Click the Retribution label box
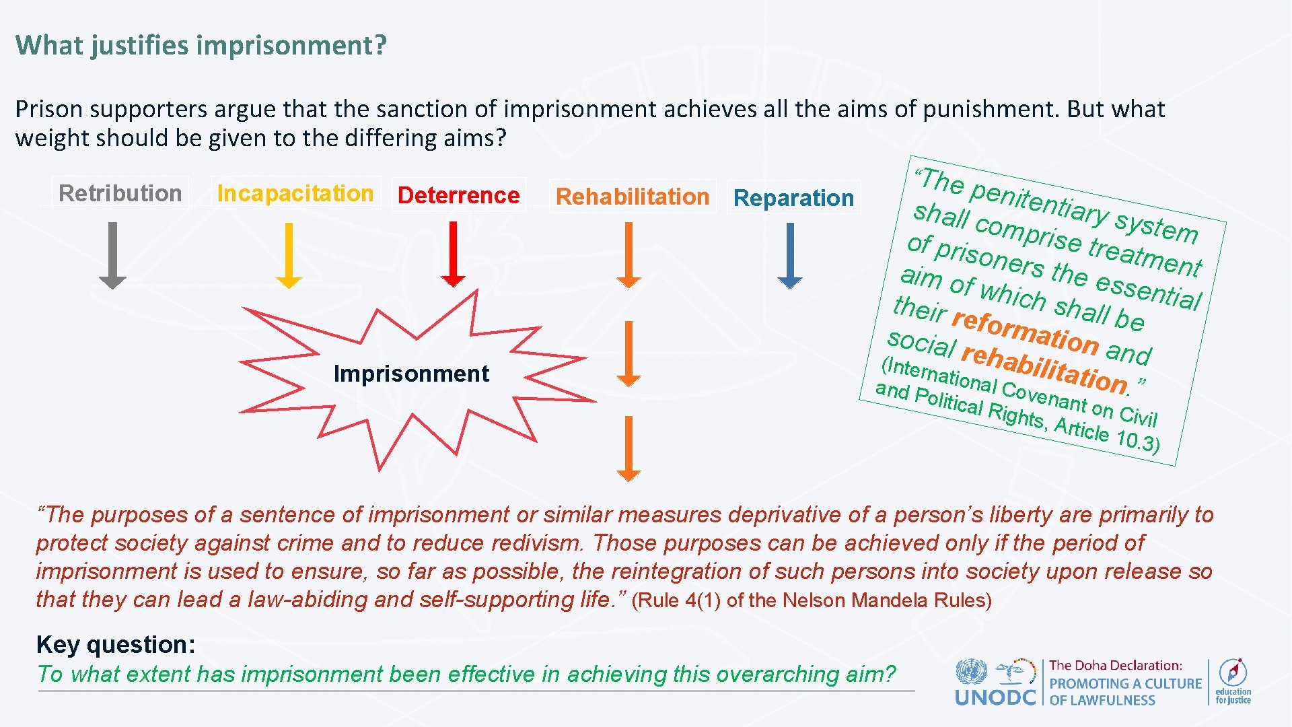[x=120, y=193]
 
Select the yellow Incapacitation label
[x=295, y=193]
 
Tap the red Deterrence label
[x=458, y=195]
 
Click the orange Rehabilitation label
[x=633, y=197]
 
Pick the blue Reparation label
[x=793, y=198]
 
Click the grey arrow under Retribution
[x=113, y=256]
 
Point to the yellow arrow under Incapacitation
[x=289, y=256]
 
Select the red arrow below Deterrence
[x=453, y=254]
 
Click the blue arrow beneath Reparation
[x=790, y=256]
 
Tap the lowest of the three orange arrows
[x=629, y=448]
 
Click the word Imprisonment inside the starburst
[x=411, y=374]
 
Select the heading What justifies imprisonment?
[x=201, y=45]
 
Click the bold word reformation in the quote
[x=1026, y=332]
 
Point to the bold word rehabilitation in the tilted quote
[x=1044, y=369]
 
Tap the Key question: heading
[x=116, y=645]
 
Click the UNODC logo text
[x=995, y=697]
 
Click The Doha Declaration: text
[x=1115, y=666]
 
